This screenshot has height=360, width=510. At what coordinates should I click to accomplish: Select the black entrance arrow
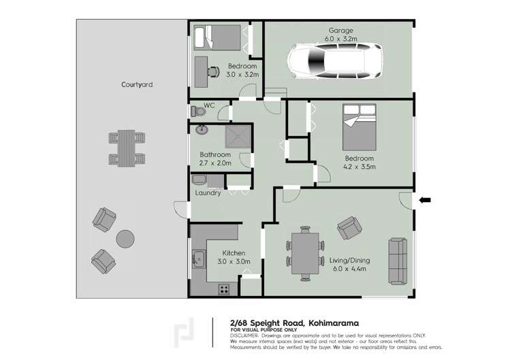click(x=426, y=199)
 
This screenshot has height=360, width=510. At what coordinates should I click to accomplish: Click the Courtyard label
click(x=136, y=85)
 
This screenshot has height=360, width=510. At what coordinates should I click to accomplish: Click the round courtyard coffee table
click(x=125, y=238)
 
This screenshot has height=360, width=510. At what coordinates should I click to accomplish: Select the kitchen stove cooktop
click(x=223, y=289)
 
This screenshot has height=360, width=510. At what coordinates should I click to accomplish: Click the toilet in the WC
click(x=195, y=111)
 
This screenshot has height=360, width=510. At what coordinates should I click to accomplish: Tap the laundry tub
click(x=199, y=180)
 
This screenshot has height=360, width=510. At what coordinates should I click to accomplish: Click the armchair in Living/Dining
click(x=349, y=227)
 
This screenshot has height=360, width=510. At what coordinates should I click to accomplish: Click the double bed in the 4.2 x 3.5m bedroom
click(x=360, y=127)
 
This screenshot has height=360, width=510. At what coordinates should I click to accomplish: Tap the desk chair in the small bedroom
click(x=213, y=68)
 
